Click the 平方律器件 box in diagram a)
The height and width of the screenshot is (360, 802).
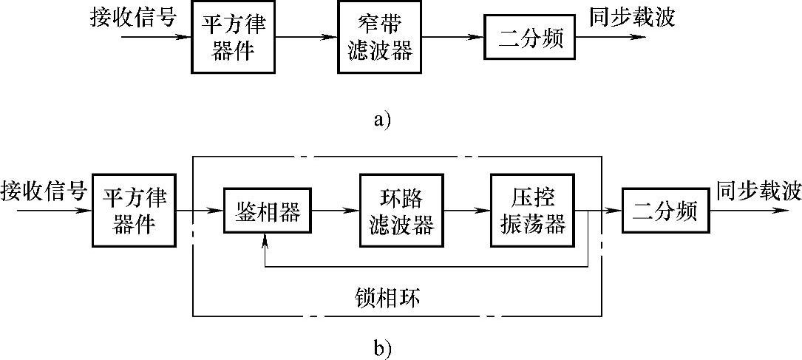[233, 38]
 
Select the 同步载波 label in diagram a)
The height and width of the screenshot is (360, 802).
[632, 17]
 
